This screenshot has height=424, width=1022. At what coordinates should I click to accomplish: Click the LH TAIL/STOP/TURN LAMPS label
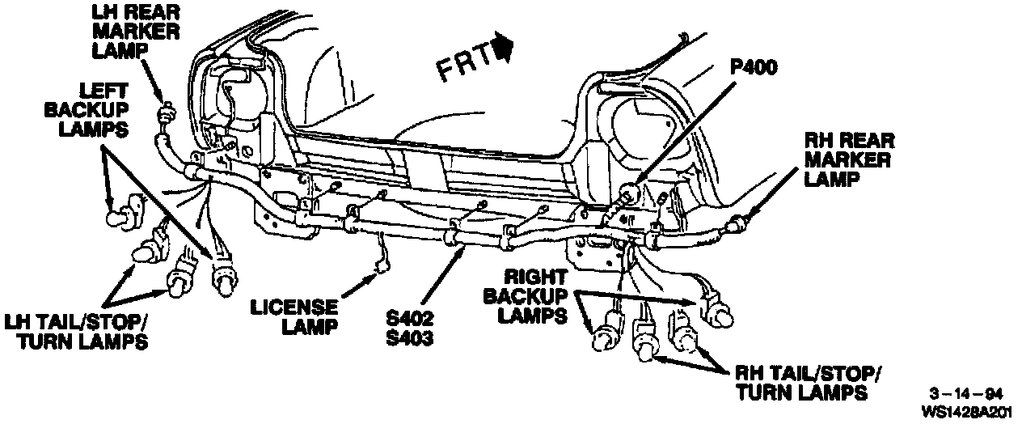(x=76, y=330)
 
